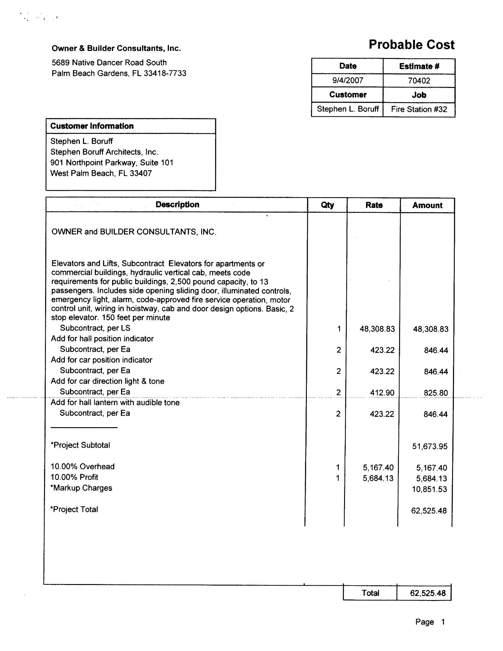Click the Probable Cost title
pos(411,45)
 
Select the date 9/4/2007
pos(347,81)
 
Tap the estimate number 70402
pos(419,81)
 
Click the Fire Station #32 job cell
pos(419,110)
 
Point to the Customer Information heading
pos(92,126)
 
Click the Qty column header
pos(327,205)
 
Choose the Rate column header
pos(374,205)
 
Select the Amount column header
pos(427,205)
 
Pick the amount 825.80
pos(435,393)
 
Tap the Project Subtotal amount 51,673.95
pos(429,446)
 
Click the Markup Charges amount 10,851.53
pos(429,489)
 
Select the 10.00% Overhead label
pos(82,467)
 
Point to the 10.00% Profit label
pos(74,477)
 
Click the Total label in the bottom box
pos(370,593)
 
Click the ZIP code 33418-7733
pos(165,73)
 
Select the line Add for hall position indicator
pos(102,339)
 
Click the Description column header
pos(177,205)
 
